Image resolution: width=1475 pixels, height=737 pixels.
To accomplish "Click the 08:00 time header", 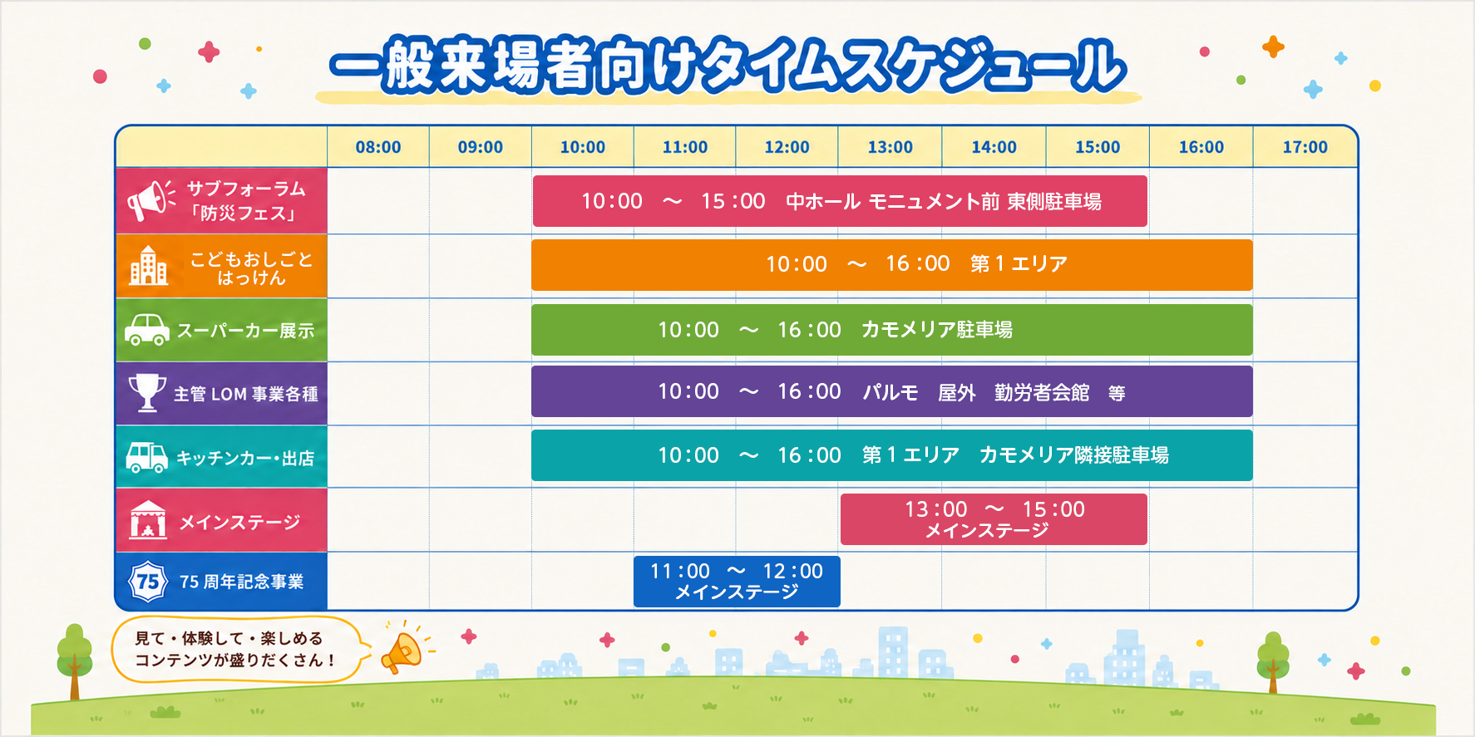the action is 378,147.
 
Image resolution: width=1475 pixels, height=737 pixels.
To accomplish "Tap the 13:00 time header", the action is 890,147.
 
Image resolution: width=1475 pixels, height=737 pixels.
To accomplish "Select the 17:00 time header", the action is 1305,147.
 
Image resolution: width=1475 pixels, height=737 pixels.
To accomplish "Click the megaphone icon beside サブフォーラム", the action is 150,200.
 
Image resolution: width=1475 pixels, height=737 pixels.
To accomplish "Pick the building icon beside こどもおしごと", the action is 148,266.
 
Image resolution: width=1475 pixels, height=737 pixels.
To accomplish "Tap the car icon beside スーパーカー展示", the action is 147,329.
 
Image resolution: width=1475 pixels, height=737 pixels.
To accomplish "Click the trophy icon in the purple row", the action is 147,392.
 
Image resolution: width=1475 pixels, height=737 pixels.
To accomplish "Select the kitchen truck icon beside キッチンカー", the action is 147,456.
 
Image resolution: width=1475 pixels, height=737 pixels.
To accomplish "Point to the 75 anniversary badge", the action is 148,581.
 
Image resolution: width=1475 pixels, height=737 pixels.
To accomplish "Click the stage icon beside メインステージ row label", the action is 148,520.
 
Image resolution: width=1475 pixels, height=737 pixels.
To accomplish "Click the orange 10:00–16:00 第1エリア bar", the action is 892,265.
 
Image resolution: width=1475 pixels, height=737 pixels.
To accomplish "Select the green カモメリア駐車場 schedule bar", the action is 892,330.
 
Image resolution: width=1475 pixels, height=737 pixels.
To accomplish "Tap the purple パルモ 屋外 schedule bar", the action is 892,391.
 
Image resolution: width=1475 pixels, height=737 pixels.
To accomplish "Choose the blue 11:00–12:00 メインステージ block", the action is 737,582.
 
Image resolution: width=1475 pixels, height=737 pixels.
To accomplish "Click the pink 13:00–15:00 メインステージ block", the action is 994,519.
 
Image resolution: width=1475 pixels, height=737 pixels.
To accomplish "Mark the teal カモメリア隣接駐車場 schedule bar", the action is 892,455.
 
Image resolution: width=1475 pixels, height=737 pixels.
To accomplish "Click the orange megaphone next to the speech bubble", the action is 403,651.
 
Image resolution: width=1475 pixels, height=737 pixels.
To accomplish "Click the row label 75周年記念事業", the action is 242,582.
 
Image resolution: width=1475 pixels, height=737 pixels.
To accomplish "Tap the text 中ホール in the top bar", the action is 822,202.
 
